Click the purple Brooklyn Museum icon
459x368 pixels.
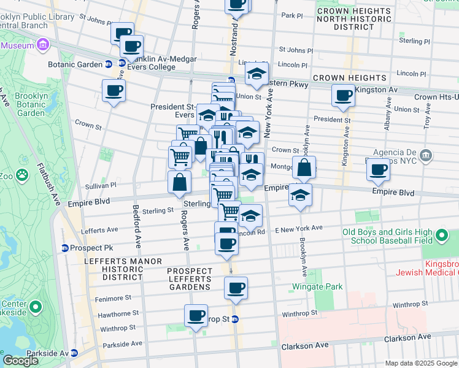pyautogui.click(x=43, y=45)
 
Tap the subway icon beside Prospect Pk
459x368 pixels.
pyautogui.click(x=65, y=248)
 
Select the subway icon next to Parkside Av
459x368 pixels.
pyautogui.click(x=74, y=353)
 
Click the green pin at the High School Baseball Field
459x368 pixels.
pyautogui.click(x=440, y=236)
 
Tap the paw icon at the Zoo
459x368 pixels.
pyautogui.click(x=23, y=176)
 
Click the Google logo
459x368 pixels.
pyautogui.click(x=20, y=360)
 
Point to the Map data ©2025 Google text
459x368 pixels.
pyautogui.click(x=421, y=363)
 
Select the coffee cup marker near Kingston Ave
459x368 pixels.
pyautogui.click(x=343, y=94)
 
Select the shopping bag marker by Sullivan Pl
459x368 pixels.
pyautogui.click(x=179, y=182)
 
